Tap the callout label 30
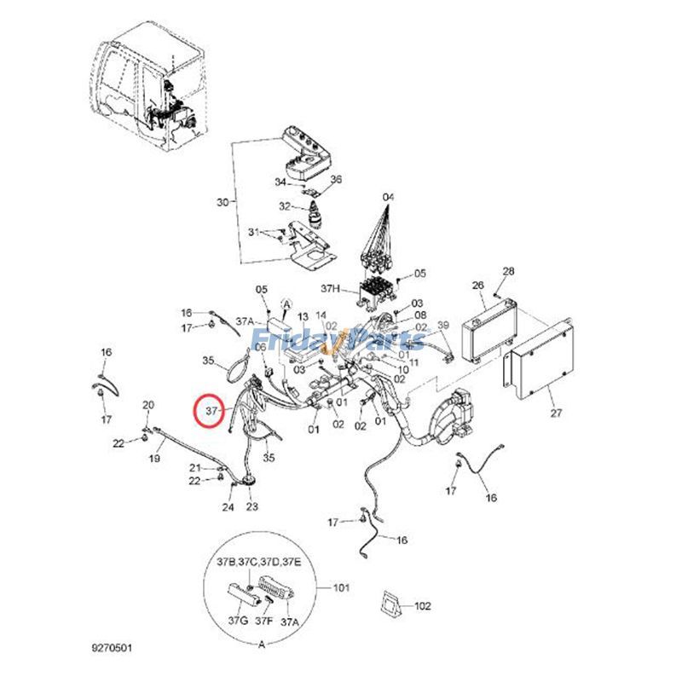223,202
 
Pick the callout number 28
509,271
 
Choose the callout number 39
442,326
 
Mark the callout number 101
342,587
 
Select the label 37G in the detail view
238,621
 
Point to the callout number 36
335,179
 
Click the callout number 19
155,459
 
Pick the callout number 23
252,508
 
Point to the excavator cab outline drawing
149,85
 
